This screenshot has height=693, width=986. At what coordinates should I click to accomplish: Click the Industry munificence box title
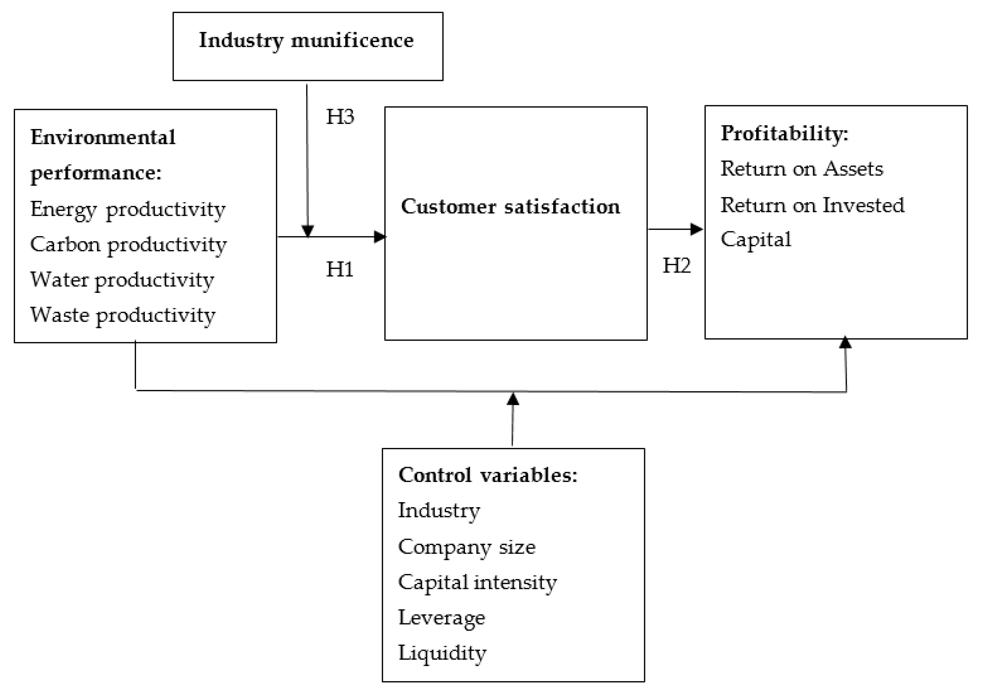click(306, 41)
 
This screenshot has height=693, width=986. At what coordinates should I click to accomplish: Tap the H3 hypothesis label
click(340, 117)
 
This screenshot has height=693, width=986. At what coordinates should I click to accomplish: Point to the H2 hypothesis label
click(676, 266)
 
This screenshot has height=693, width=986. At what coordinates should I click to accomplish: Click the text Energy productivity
click(128, 210)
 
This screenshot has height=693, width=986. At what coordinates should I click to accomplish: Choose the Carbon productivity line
click(128, 245)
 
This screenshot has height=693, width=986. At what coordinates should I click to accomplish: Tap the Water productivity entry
click(122, 280)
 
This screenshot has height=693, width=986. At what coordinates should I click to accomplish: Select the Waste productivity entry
click(122, 316)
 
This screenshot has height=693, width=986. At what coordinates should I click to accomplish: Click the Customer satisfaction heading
click(510, 207)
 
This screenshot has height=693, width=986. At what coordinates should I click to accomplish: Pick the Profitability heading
click(784, 134)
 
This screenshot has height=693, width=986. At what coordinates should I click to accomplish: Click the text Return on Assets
click(801, 169)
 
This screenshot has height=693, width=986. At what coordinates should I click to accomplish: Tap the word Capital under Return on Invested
click(755, 240)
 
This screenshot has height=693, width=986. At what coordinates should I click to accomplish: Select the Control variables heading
click(488, 475)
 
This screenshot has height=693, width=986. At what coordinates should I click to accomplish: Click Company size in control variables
click(466, 547)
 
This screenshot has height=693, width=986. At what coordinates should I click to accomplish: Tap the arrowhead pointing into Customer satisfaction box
click(380, 237)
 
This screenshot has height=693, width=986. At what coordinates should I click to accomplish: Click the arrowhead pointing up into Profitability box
click(845, 343)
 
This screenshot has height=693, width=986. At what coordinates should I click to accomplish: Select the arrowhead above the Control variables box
click(513, 399)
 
